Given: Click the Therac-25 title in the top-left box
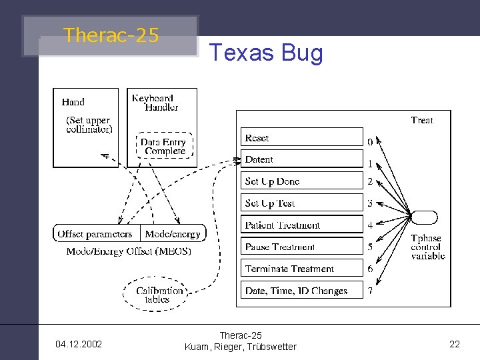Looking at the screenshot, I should click(x=111, y=35).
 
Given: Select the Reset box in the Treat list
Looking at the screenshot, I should click(x=302, y=137).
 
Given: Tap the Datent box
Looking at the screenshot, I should click(x=302, y=159).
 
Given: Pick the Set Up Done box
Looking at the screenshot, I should click(x=302, y=181).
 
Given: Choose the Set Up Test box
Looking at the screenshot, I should click(x=302, y=203).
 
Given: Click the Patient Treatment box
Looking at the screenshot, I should click(x=302, y=225).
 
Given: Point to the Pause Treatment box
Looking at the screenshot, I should click(x=302, y=247).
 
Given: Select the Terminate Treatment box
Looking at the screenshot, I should click(x=302, y=269).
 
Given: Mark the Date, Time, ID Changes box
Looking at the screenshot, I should click(x=302, y=291).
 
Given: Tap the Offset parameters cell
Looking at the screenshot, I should click(x=95, y=234).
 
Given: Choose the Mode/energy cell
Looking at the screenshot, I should click(x=173, y=234).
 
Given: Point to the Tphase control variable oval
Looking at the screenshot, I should click(x=425, y=217).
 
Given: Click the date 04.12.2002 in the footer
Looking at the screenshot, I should click(x=79, y=344).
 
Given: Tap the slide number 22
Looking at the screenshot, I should click(x=455, y=344).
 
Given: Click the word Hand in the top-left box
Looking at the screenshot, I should click(x=73, y=102).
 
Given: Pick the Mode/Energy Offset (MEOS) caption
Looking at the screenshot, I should click(x=129, y=251).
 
